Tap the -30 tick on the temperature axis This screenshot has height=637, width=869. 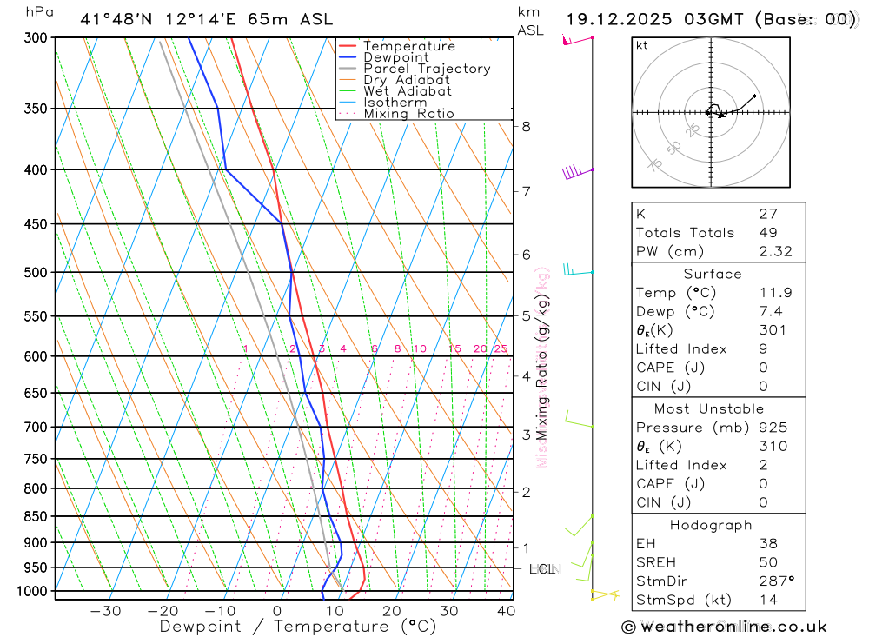point(106,611)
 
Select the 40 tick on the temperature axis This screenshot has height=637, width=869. point(506,611)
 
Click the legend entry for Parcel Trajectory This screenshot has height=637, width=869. point(427,69)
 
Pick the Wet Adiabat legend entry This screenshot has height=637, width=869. point(408,91)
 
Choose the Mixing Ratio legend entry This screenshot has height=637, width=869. point(408,114)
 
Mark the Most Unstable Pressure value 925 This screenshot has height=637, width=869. point(773,428)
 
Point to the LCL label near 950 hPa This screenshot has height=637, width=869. point(541,569)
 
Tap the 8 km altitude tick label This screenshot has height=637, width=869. point(526,126)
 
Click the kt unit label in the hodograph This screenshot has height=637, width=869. point(642,45)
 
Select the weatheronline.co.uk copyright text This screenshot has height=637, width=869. point(724,627)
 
